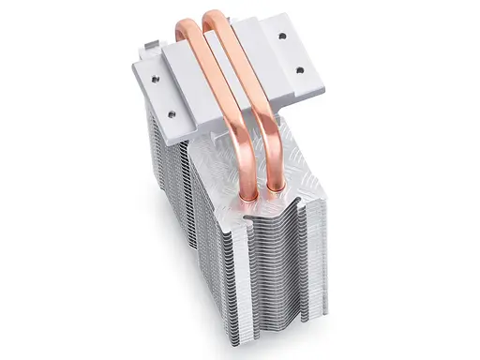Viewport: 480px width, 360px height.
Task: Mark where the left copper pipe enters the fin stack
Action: pyautogui.click(x=250, y=196)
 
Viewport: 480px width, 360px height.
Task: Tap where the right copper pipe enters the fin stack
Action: pyautogui.click(x=277, y=188)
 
